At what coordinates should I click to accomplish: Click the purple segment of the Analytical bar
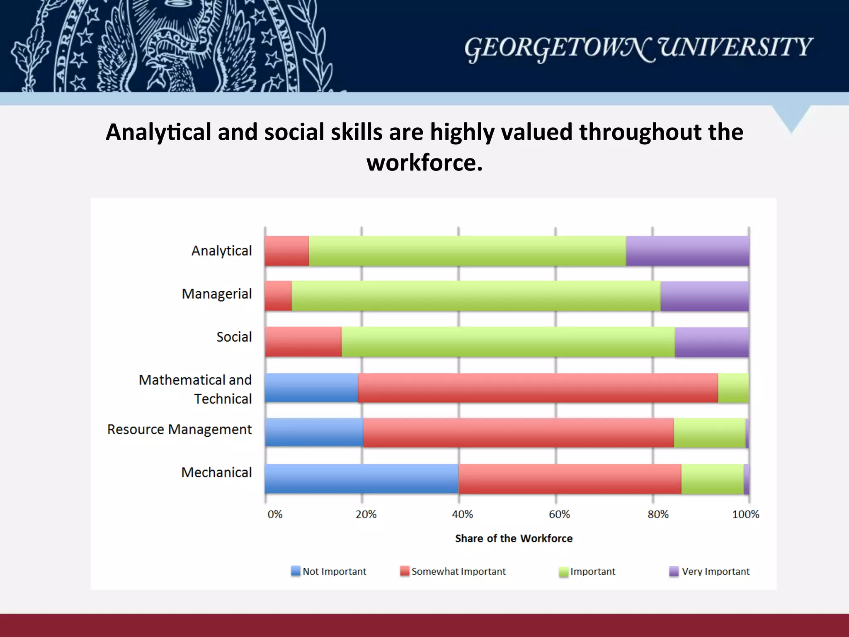tap(687, 251)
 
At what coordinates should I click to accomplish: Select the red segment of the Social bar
tap(303, 342)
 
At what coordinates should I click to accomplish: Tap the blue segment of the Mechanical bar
tap(361, 479)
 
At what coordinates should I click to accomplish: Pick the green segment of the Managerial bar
tap(476, 296)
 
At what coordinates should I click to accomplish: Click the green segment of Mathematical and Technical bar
tap(733, 388)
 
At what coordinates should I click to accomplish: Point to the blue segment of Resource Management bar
tap(314, 433)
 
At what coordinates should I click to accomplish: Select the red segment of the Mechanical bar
tap(570, 479)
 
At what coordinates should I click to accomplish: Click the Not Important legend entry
tap(329, 571)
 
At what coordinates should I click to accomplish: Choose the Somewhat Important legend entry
tap(453, 571)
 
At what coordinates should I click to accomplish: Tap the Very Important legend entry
tap(710, 571)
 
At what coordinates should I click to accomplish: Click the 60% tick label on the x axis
tap(559, 515)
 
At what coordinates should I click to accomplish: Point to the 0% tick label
tap(274, 515)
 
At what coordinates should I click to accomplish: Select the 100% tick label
tap(745, 515)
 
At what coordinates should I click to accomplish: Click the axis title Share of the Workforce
tap(514, 538)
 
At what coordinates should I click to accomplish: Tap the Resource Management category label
tap(179, 430)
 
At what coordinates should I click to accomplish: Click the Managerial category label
tap(216, 294)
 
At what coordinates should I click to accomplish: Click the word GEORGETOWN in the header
tap(559, 48)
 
